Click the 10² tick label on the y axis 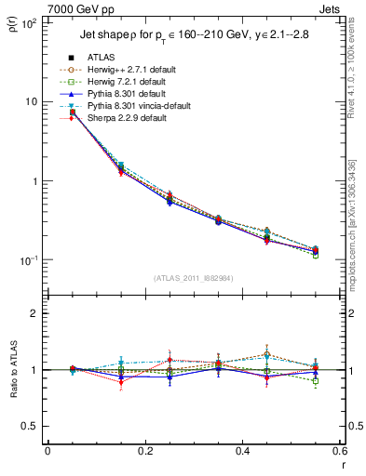[28, 22]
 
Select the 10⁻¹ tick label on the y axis [28, 260]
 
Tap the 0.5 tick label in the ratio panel [30, 426]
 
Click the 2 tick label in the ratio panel [34, 313]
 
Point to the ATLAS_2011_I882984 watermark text [193, 278]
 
